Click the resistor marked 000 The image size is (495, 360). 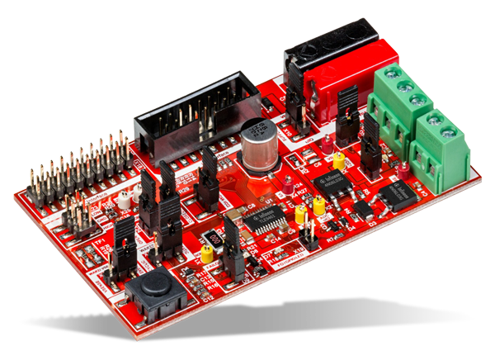click(x=213, y=242)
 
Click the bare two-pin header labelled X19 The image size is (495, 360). click(x=308, y=239)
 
